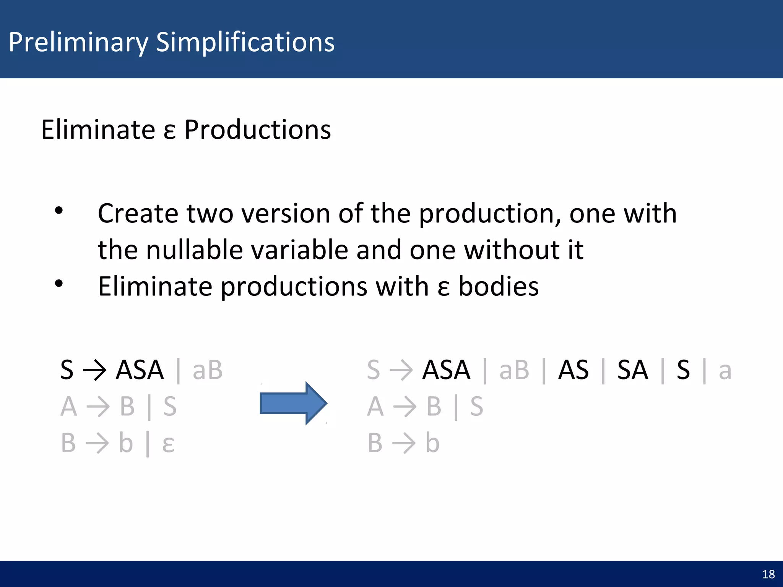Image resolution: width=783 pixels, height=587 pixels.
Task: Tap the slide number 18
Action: pos(768,574)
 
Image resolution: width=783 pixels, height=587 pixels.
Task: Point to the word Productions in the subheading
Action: pos(257,130)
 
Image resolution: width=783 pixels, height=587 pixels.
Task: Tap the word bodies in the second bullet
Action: pos(499,286)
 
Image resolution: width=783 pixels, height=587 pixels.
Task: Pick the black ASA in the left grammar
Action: pos(140,370)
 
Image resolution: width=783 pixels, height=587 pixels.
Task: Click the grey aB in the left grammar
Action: pos(208,370)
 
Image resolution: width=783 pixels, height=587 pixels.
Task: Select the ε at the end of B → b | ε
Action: pos(168,444)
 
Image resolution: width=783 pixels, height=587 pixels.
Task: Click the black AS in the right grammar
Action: pos(573,370)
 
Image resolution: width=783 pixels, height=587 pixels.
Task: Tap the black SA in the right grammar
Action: pos(633,370)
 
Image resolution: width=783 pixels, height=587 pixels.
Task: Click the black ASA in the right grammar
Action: pos(446,370)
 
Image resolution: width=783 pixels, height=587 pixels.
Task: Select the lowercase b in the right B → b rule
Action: pos(432,443)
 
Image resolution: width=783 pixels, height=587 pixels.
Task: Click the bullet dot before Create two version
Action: pos(58,210)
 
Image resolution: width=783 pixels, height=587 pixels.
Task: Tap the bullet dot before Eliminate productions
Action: pos(58,284)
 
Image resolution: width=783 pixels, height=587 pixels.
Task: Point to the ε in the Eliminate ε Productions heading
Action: pos(169,131)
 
